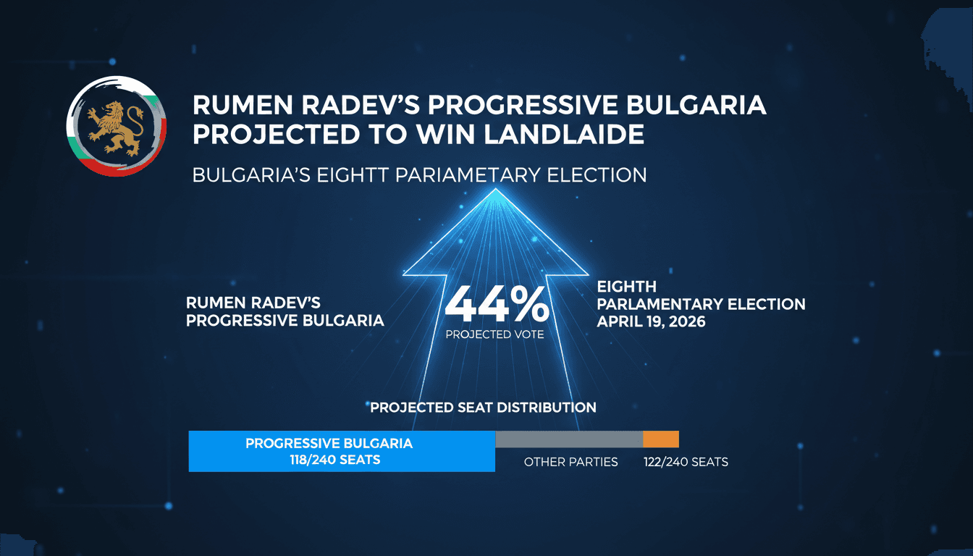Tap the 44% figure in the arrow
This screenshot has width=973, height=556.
(x=496, y=306)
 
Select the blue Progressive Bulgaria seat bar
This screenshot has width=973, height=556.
(x=341, y=451)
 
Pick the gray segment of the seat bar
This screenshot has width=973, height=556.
(x=569, y=439)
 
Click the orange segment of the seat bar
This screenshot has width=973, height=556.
(x=661, y=439)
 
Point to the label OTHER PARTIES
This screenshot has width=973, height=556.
(x=570, y=462)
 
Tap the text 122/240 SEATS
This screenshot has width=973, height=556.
(x=686, y=462)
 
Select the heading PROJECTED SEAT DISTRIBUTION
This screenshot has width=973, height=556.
(x=483, y=408)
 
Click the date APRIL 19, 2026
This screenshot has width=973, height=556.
(x=651, y=321)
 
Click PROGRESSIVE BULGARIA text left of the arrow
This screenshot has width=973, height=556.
(x=285, y=321)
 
